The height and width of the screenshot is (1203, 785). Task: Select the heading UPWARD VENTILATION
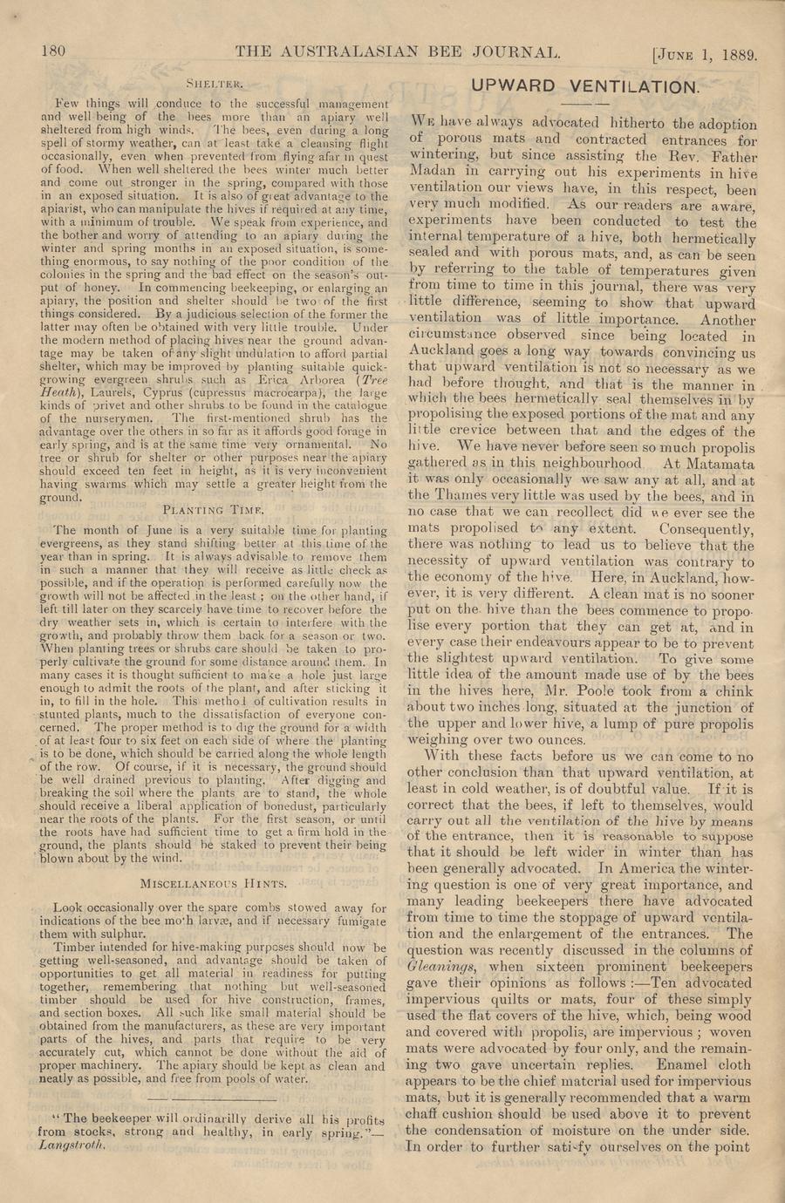(x=584, y=86)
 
